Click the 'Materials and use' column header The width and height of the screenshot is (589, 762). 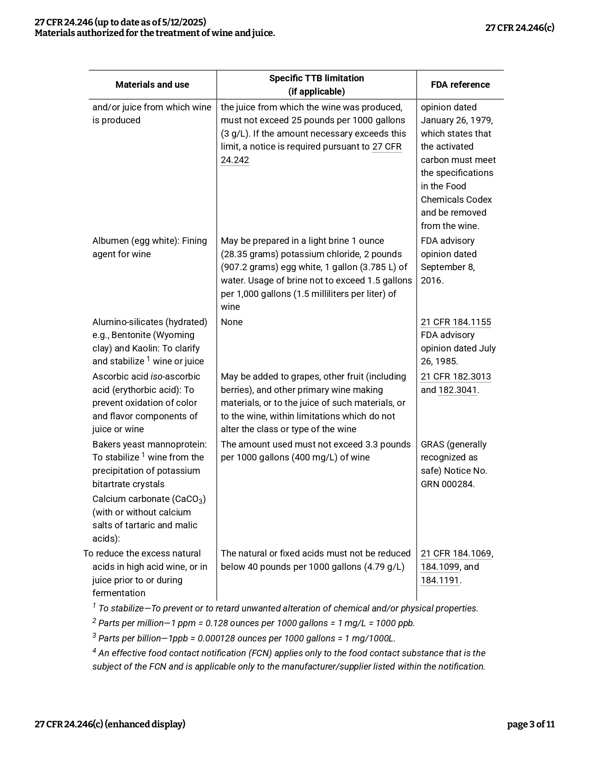tap(152, 85)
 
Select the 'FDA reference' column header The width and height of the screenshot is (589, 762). tap(460, 85)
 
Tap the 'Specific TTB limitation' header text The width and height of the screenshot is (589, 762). tap(316, 78)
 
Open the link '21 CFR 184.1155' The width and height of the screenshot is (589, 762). tap(455, 322)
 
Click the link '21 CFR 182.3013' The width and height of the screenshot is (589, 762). tap(455, 376)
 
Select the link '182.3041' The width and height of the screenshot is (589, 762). tap(457, 390)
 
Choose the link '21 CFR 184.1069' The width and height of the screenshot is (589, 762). tap(455, 553)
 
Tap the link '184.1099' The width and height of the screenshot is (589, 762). tap(439, 567)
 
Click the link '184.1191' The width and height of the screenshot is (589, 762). tap(439, 580)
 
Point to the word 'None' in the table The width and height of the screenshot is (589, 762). tap(231, 322)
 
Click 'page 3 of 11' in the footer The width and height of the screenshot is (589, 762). tap(530, 724)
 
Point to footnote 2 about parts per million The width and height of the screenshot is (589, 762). tap(254, 623)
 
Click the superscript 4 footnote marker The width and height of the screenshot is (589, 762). tap(94, 651)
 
